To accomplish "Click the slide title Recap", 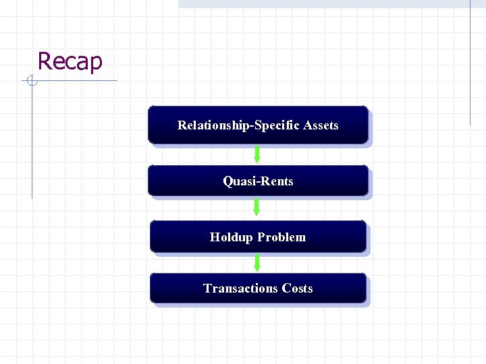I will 70,61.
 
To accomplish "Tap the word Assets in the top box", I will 321,125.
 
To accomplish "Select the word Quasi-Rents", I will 258,181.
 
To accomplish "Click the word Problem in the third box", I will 281,237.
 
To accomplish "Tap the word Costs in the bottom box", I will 298,289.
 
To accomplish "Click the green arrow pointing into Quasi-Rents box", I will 257,154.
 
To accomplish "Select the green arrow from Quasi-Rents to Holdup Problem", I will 256,206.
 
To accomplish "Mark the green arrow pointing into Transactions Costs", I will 257,262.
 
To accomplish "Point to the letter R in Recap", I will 45,61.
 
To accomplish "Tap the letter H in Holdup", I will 214,237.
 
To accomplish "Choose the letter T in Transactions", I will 207,289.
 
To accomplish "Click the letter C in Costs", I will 286,289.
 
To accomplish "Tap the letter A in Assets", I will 307,125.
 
